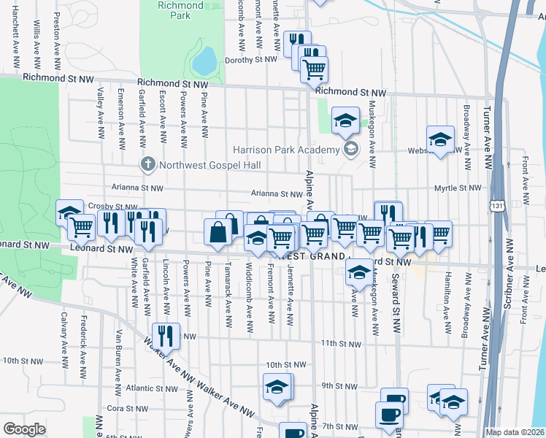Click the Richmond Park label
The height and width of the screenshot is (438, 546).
tap(180, 10)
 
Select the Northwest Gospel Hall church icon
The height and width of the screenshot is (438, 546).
tap(147, 163)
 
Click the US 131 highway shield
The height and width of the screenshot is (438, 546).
tap(497, 207)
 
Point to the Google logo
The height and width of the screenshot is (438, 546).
tap(24, 429)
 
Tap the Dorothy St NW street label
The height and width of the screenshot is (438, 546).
tap(250, 61)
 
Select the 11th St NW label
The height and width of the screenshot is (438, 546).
tap(339, 343)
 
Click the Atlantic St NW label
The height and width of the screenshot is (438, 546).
tap(152, 388)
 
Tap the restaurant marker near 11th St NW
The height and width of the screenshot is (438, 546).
tap(169, 336)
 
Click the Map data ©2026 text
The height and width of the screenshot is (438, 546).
tap(515, 432)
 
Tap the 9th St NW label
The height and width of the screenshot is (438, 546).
tap(337, 385)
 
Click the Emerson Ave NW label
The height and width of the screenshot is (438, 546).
tap(121, 113)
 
